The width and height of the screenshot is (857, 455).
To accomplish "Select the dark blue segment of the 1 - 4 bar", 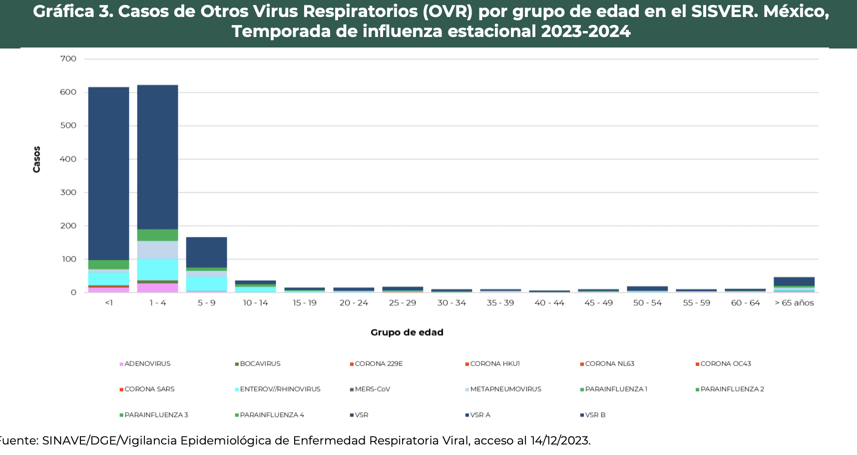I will point(157,157).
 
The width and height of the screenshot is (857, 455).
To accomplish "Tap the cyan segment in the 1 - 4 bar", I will point(157,269).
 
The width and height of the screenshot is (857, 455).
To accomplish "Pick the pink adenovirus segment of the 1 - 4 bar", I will point(157,287).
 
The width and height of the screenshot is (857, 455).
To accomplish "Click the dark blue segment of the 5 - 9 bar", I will point(206,252).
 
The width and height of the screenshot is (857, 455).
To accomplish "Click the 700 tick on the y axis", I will point(68,59).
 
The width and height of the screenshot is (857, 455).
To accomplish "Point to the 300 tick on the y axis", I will point(68,192).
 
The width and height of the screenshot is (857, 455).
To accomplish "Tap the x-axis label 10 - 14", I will point(255,303).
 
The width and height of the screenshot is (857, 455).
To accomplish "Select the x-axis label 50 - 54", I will point(647,303).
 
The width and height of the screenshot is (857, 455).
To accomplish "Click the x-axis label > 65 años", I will point(794,303).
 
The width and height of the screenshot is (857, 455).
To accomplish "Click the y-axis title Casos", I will point(36,159).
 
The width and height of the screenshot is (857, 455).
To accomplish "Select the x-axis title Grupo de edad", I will point(407,332).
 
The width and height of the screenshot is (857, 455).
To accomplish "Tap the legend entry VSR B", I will point(595,415).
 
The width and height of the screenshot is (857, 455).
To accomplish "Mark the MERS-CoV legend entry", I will point(372,389).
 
